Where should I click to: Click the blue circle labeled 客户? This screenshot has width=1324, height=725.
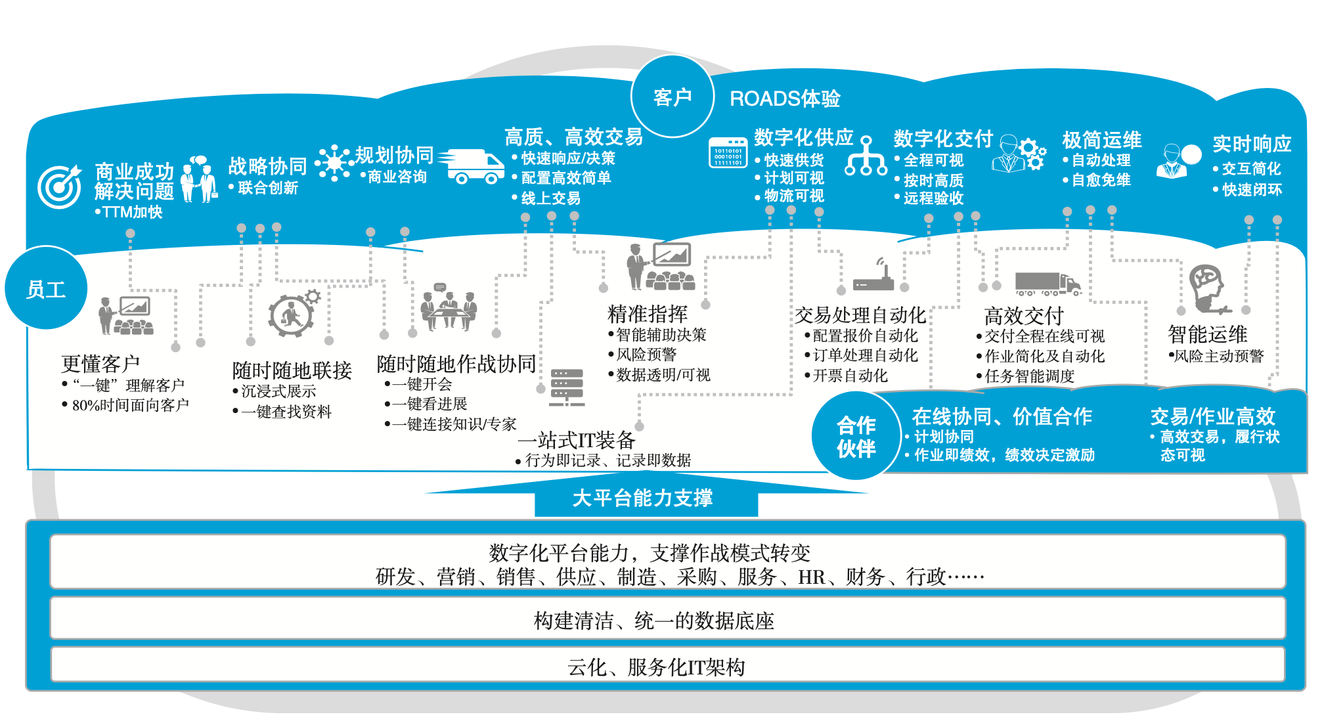[x=672, y=97]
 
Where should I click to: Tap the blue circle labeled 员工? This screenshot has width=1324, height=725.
[x=46, y=289]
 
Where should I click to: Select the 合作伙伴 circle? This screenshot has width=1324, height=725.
[x=856, y=436]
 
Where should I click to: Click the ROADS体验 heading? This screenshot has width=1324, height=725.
[x=785, y=99]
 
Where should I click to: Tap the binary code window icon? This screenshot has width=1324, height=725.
[x=728, y=152]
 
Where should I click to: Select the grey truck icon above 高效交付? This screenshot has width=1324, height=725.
[x=1047, y=284]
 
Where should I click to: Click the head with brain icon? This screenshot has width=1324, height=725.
[x=1208, y=288]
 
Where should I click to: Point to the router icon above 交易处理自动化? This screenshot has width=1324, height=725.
[x=873, y=276]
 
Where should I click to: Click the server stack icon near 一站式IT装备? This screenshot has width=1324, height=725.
[x=567, y=387]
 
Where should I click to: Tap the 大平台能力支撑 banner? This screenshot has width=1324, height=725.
[x=643, y=498]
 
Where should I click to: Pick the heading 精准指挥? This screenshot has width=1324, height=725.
[x=648, y=314]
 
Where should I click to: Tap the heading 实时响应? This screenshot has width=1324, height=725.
[x=1252, y=144]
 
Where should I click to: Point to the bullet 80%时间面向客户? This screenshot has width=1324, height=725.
[x=130, y=405]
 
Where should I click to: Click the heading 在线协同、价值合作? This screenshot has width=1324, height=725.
[x=1002, y=416]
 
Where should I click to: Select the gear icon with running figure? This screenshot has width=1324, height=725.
[x=292, y=314]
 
